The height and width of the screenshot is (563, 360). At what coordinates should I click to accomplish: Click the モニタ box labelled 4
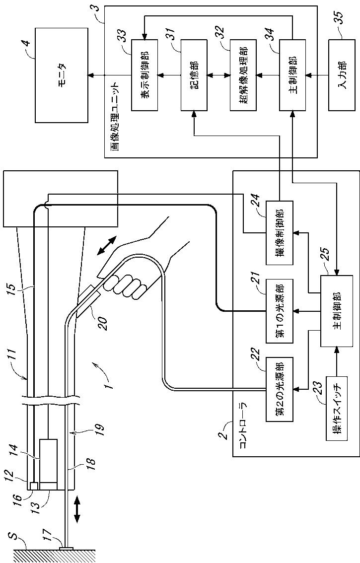pyautogui.click(x=62, y=75)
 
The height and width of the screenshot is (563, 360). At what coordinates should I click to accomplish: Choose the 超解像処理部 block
pyautogui.click(x=242, y=75)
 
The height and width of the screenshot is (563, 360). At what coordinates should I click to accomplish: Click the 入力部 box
pyautogui.click(x=341, y=75)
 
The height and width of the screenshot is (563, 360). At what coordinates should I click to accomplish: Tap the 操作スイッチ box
pyautogui.click(x=337, y=408)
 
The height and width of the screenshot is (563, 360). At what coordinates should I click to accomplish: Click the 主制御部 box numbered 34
pyautogui.click(x=292, y=75)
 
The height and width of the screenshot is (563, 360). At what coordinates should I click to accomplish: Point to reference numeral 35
pyautogui.click(x=339, y=20)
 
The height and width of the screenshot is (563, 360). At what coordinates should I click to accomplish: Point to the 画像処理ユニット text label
pyautogui.click(x=115, y=117)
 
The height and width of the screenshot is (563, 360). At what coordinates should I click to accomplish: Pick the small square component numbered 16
pyautogui.click(x=34, y=486)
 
